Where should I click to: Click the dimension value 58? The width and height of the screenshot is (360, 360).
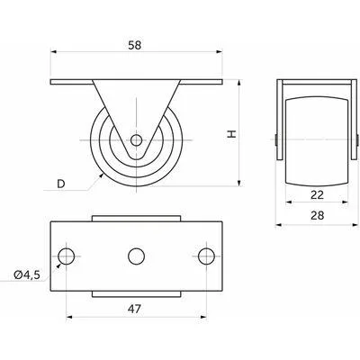[x=134, y=45]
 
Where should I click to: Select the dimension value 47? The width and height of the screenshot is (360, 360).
[x=134, y=309]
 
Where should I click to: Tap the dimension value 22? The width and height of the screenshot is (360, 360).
[x=317, y=195]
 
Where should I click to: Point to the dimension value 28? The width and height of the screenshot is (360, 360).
[x=318, y=215]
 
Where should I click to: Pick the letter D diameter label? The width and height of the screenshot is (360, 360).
[x=61, y=184]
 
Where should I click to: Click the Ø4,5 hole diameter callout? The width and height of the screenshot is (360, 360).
[x=27, y=274]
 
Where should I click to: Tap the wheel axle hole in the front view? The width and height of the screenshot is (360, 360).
[x=137, y=139]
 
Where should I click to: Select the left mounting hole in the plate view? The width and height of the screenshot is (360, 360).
[x=67, y=256]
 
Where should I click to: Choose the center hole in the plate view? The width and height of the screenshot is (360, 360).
[x=137, y=256]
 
